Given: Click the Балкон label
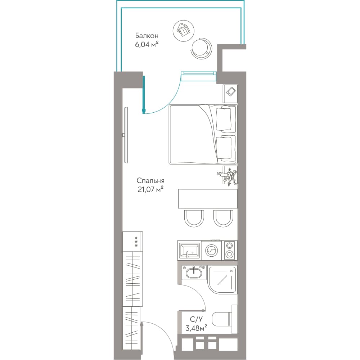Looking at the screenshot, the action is [x=147, y=36].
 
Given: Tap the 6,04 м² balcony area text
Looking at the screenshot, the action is [x=147, y=44].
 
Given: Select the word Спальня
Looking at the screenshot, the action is [x=150, y=181].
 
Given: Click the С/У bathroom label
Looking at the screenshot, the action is [x=196, y=319].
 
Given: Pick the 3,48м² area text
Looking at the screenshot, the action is [x=196, y=328].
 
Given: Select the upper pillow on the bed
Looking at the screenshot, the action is [x=224, y=120].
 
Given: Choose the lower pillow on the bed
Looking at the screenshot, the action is [x=224, y=148].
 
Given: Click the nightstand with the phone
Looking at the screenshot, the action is [x=230, y=94].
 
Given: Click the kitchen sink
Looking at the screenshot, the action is [x=189, y=251].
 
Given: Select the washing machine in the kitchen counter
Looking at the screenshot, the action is [x=211, y=251].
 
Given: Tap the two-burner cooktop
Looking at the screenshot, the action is [x=229, y=251].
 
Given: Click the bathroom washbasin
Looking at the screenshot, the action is [x=194, y=273].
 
